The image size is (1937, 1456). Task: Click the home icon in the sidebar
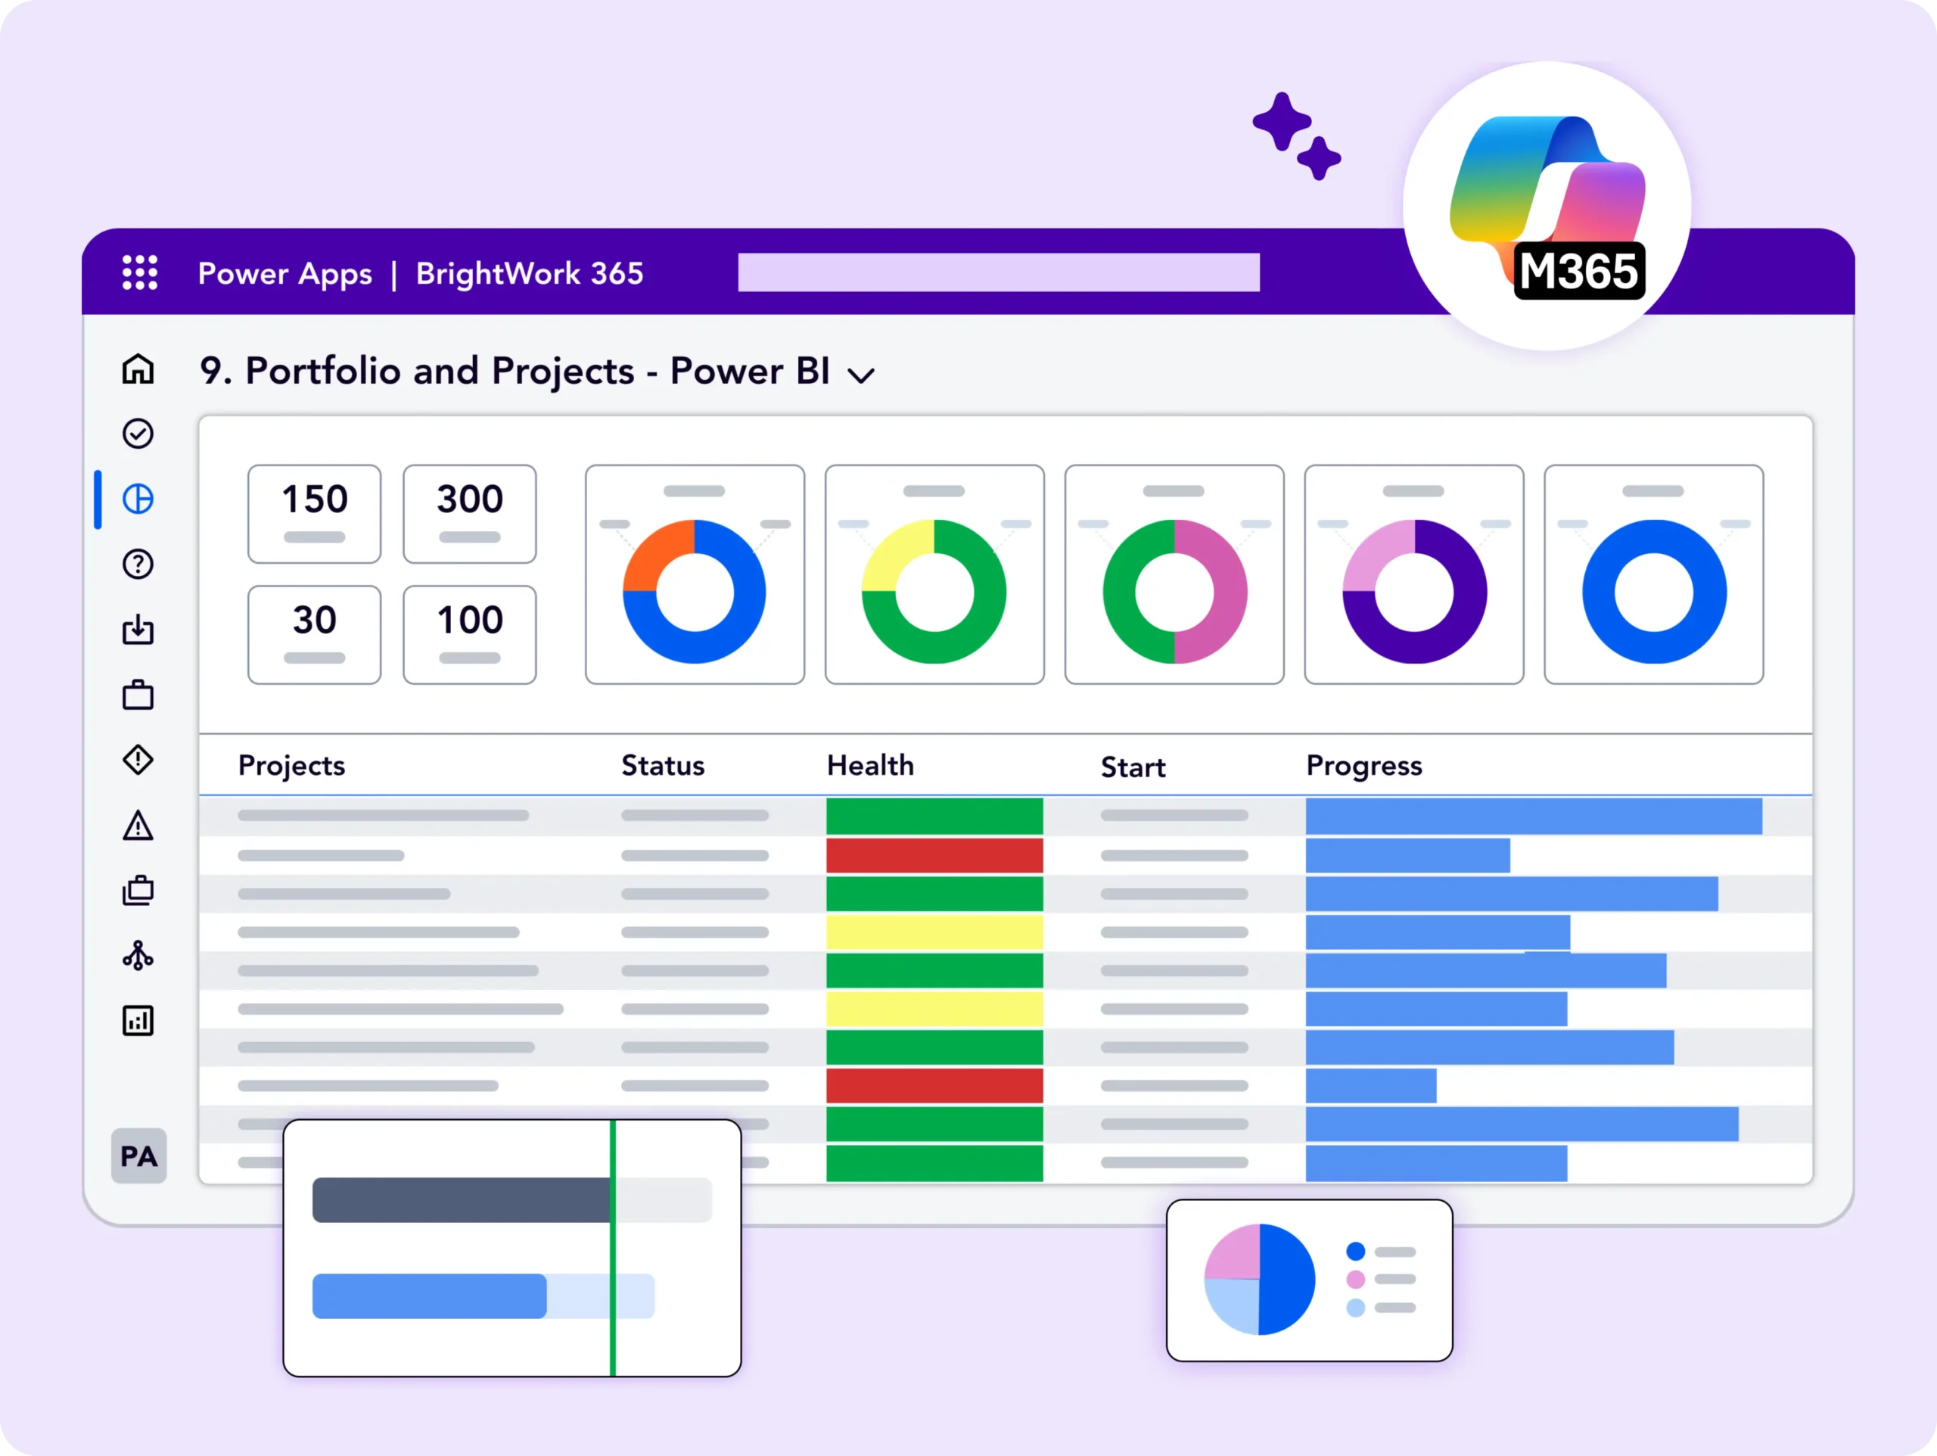(x=138, y=369)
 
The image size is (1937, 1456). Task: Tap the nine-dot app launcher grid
(x=140, y=272)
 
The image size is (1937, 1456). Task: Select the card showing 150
(x=313, y=513)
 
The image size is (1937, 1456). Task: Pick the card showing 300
(x=469, y=513)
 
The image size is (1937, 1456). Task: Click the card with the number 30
(x=313, y=634)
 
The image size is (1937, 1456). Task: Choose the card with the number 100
(x=469, y=634)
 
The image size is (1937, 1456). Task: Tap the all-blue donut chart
(x=1653, y=591)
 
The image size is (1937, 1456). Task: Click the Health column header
(x=869, y=766)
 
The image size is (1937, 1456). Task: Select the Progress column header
(x=1363, y=766)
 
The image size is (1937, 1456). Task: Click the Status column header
(x=663, y=766)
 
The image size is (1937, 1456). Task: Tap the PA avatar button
(x=138, y=1156)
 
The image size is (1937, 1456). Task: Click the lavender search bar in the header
(x=998, y=272)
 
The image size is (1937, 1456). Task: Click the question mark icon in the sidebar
(x=138, y=565)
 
